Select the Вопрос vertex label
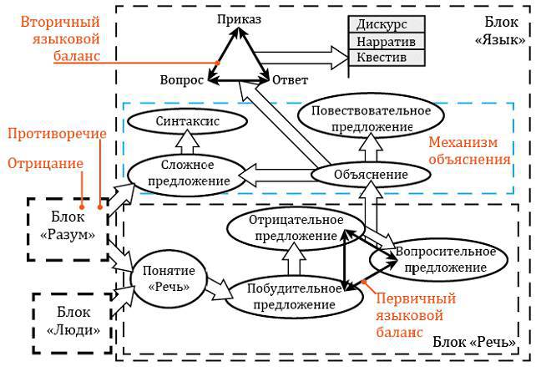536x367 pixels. [181, 80]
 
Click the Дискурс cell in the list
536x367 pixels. [387, 24]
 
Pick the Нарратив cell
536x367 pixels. [387, 41]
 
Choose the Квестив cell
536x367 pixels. [387, 58]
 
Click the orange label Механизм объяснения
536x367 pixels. [471, 150]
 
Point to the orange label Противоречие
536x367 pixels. [52, 134]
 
